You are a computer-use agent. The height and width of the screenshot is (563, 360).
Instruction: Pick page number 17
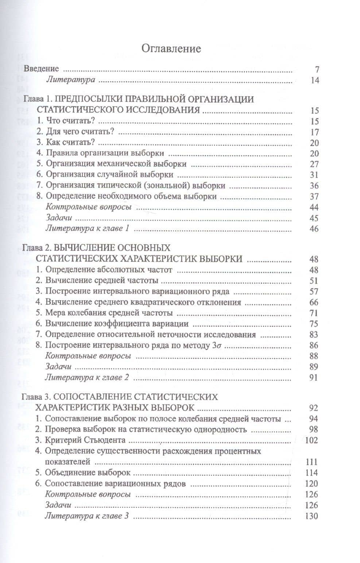(314, 132)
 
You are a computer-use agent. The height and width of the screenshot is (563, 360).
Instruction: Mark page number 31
(314, 175)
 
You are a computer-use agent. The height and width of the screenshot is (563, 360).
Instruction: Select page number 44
(314, 207)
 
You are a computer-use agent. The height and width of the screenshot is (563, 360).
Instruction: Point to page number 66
(314, 302)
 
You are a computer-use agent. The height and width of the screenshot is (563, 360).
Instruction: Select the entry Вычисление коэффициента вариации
(117, 324)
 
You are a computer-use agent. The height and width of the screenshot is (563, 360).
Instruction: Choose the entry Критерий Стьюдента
(85, 440)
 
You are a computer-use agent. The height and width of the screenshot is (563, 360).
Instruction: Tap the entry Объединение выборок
(88, 473)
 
